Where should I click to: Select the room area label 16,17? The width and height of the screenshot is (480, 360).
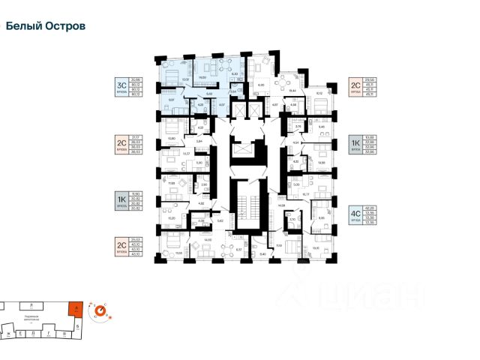tap(306, 193)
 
